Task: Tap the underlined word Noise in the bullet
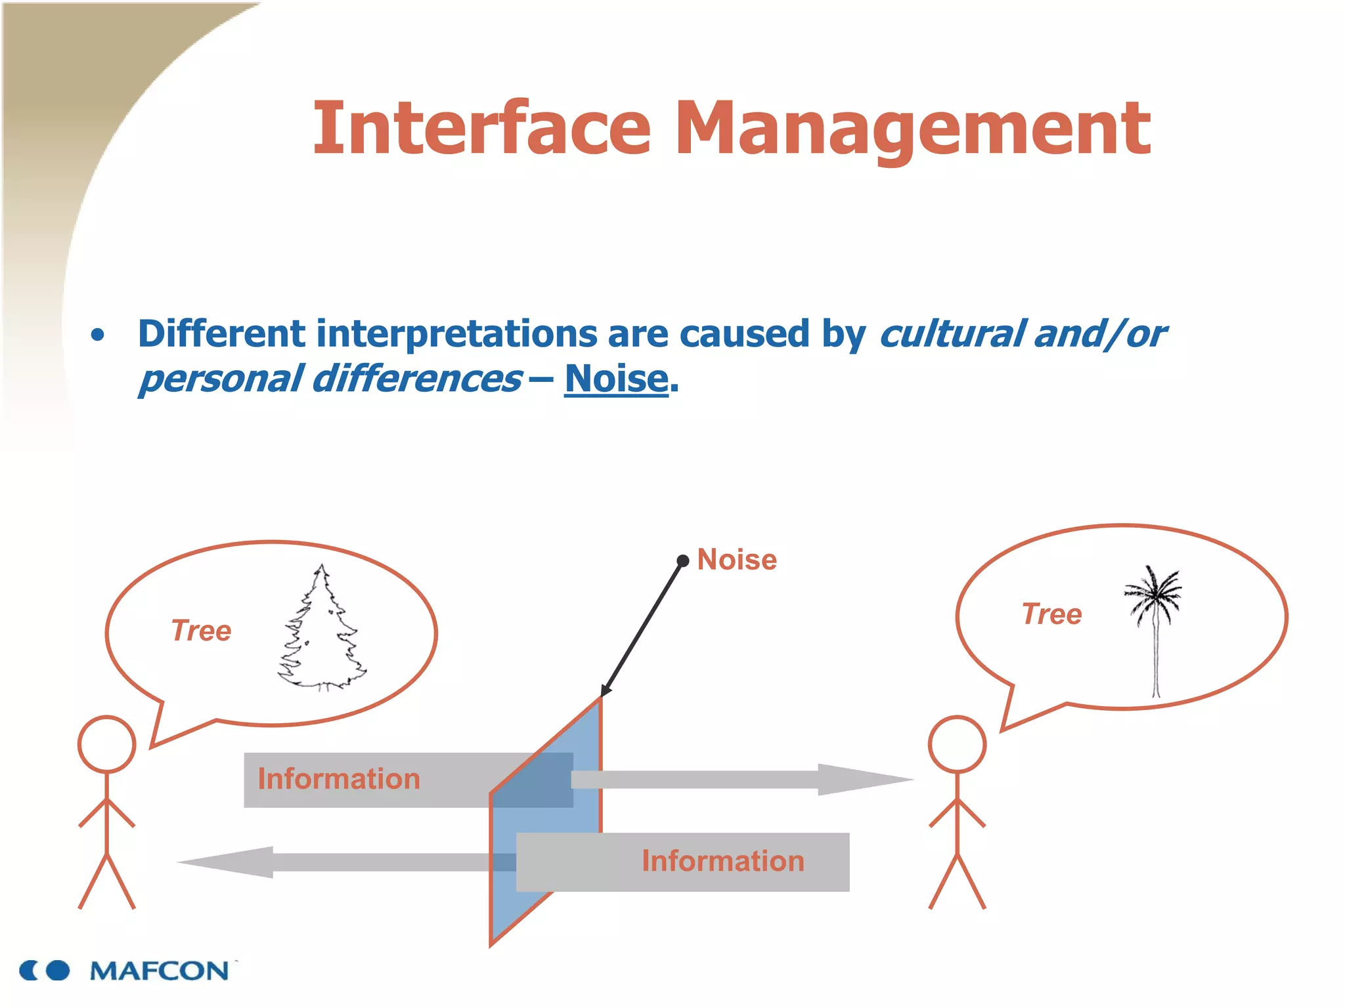pos(616,379)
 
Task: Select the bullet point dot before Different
pos(98,335)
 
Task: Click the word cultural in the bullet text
pos(952,333)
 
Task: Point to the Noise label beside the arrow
pos(737,560)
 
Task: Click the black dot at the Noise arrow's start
pos(683,560)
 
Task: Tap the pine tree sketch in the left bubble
pos(321,630)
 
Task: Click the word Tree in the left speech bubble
pos(201,631)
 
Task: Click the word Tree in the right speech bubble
pos(1051,614)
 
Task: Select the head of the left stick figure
pos(107,744)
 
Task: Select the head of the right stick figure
pos(957,744)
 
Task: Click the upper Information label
pos(338,779)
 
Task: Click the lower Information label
pos(722,861)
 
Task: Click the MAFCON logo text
pos(160,971)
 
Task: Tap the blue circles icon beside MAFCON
pos(45,970)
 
